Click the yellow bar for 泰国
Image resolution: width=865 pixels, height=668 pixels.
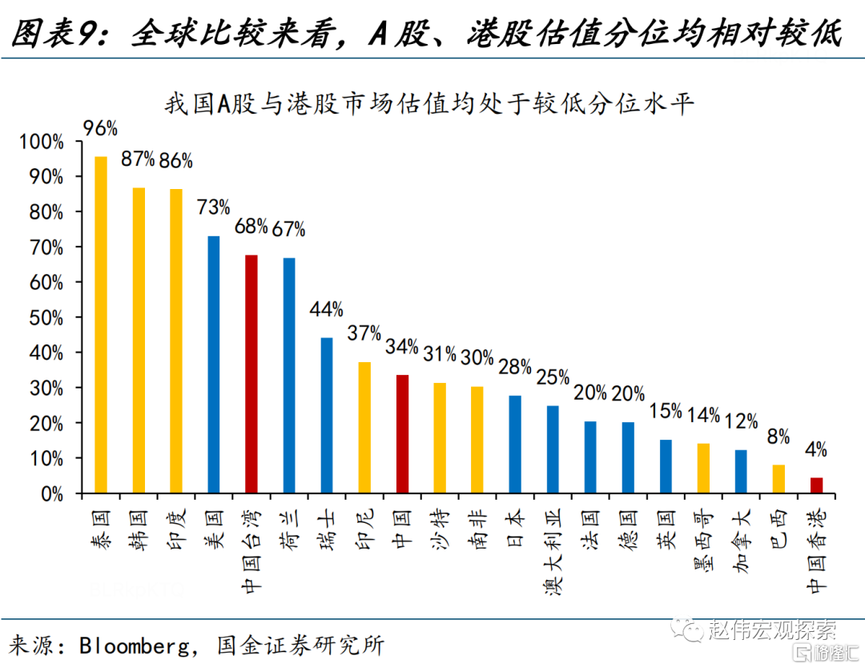[101, 324]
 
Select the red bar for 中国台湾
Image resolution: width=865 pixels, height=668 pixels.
[251, 373]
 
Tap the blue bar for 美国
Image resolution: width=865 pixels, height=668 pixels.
[214, 364]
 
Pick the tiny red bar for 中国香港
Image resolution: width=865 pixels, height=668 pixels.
[816, 485]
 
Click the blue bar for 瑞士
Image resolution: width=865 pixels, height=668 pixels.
[327, 415]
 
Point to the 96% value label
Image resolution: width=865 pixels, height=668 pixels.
[100, 128]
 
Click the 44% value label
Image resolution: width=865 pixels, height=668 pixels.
[327, 309]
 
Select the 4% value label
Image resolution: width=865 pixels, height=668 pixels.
[816, 449]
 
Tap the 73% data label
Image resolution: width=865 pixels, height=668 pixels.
[214, 207]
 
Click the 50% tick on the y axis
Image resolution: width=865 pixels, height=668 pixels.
[46, 318]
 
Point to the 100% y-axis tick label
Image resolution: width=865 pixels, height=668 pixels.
[42, 142]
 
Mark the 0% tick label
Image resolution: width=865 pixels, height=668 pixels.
[52, 493]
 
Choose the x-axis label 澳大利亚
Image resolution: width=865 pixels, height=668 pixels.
[553, 552]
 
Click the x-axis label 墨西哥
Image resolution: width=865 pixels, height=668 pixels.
[703, 541]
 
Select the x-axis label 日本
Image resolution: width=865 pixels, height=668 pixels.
[515, 529]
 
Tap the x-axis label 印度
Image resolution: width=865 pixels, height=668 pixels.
[176, 529]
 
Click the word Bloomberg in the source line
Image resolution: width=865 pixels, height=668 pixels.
[135, 646]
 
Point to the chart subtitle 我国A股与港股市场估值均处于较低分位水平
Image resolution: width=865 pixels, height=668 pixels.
[429, 103]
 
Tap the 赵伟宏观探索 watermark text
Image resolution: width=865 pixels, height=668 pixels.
[772, 630]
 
